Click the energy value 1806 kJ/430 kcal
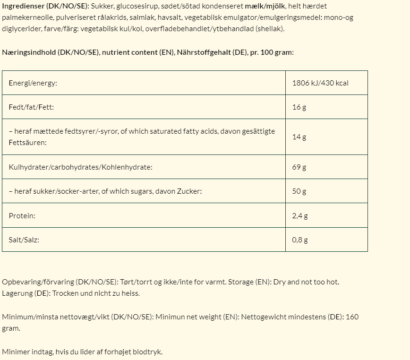(x=320, y=83)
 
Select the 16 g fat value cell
(x=299, y=107)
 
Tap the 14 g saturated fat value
(x=299, y=137)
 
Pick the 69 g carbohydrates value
(x=299, y=167)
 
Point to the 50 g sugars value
(x=299, y=191)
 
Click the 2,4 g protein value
(x=300, y=216)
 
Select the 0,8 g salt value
(x=300, y=240)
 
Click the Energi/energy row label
(x=33, y=83)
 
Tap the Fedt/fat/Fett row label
(x=31, y=107)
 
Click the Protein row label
(x=22, y=216)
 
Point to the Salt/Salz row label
(x=24, y=240)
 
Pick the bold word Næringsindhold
(x=28, y=52)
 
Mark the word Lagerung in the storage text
(x=17, y=293)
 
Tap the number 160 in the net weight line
(x=352, y=317)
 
